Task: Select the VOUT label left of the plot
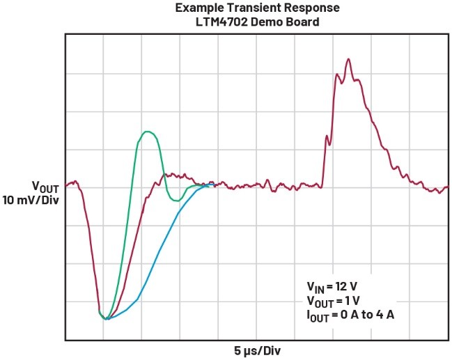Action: pyautogui.click(x=44, y=186)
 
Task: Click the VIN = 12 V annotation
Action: pyautogui.click(x=334, y=286)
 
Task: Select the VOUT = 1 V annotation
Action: pyautogui.click(x=334, y=300)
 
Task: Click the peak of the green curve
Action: pyautogui.click(x=146, y=132)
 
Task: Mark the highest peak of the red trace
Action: pyautogui.click(x=348, y=60)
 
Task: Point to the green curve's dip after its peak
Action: pyautogui.click(x=178, y=201)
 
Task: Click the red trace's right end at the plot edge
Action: pyautogui.click(x=447, y=188)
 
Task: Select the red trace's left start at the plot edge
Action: pyautogui.click(x=67, y=185)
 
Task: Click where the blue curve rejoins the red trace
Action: pyautogui.click(x=207, y=186)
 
